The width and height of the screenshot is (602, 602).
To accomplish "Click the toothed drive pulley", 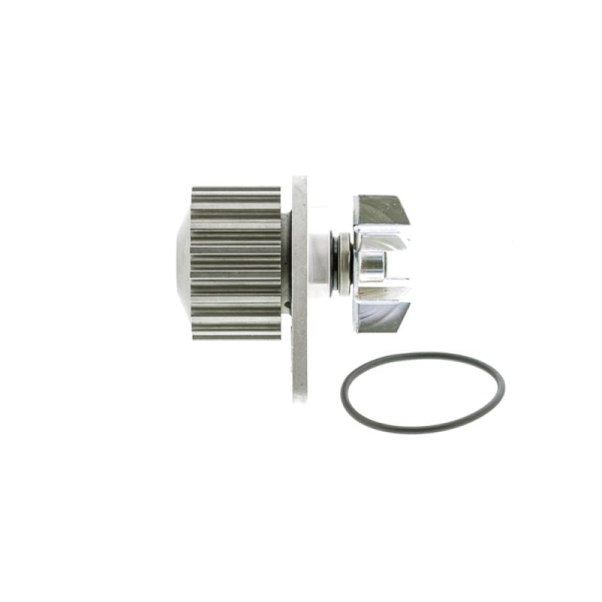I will point(236,263).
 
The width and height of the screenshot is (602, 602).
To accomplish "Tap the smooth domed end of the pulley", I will point(182,263).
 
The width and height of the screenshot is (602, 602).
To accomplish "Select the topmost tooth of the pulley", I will point(236,191).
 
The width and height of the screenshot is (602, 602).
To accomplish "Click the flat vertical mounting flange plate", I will point(299,286).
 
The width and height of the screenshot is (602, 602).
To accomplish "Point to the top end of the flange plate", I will point(299,181).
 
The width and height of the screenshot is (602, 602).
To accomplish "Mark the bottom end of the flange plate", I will point(299,397).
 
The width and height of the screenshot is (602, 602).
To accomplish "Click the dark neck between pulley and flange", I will point(286,263).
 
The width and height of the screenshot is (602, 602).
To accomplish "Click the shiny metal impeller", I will point(380,263).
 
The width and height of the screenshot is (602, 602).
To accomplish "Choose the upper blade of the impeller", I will point(382,211).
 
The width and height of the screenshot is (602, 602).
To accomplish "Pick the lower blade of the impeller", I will point(382,316).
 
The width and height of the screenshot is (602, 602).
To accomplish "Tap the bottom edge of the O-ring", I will point(421,431).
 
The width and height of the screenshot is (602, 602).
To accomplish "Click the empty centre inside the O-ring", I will point(422,393).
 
